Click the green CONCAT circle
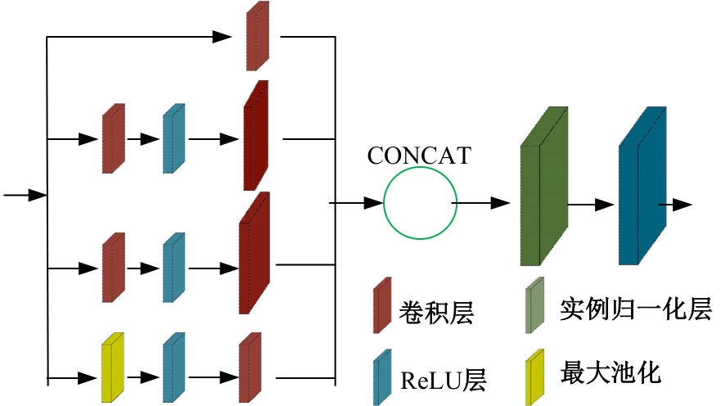click(x=420, y=204)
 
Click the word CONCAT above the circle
click(x=419, y=156)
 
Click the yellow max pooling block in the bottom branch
click(x=111, y=368)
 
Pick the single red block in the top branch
click(x=258, y=36)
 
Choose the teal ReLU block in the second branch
click(x=173, y=138)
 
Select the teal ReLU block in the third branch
click(x=173, y=268)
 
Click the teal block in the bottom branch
click(x=173, y=368)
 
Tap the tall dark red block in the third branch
click(x=254, y=254)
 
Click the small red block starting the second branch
click(x=113, y=138)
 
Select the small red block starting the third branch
click(x=113, y=268)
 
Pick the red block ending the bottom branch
click(x=250, y=368)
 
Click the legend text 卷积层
click(x=436, y=311)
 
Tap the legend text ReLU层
click(x=443, y=379)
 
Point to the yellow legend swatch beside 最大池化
click(x=535, y=377)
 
